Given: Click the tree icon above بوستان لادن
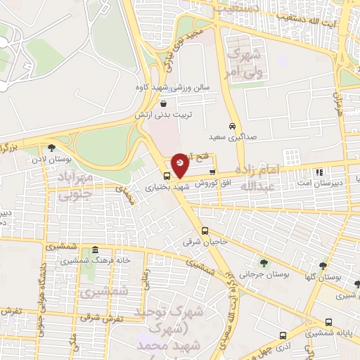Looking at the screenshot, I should (51, 148).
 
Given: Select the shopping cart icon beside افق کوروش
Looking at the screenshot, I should (212, 172).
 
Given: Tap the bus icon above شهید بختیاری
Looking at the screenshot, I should (167, 176).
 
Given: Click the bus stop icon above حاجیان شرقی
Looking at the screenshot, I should (205, 231).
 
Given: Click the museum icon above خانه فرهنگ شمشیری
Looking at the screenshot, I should (95, 250).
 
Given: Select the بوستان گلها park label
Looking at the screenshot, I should (323, 276).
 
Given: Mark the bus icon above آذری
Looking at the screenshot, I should (282, 335).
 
